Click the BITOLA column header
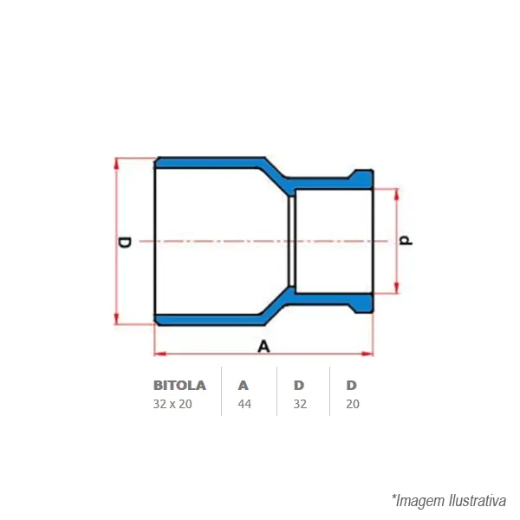point(179,386)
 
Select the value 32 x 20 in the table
point(172,404)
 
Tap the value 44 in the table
point(244,404)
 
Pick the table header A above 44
point(243,386)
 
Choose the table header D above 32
point(299,386)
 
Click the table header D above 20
point(352,386)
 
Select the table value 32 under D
point(300,404)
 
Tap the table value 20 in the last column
point(353,404)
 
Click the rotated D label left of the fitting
point(124,243)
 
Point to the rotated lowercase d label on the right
point(406,240)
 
